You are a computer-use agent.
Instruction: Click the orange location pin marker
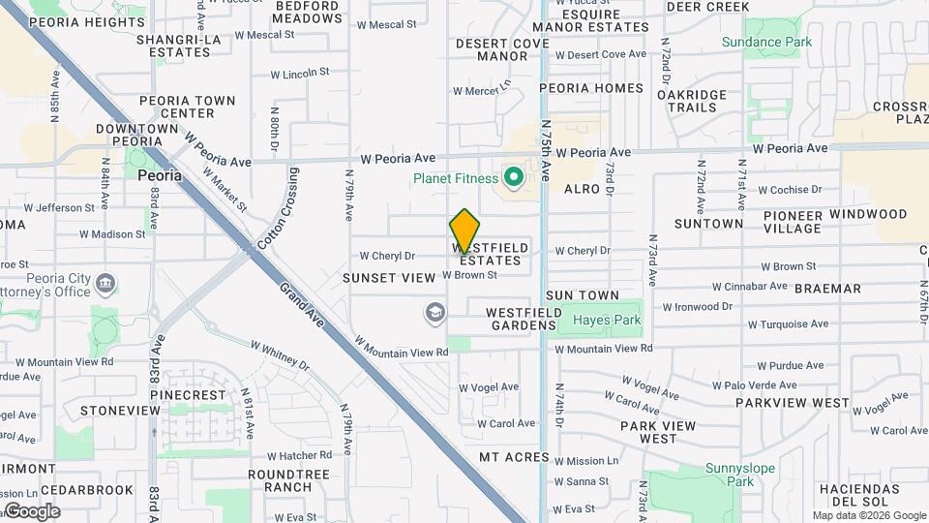(x=464, y=231)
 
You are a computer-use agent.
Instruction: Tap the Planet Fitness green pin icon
(x=514, y=178)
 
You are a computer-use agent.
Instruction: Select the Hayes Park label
(x=607, y=320)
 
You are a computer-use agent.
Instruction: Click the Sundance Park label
(x=765, y=42)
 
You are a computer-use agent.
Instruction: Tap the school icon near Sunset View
(x=435, y=312)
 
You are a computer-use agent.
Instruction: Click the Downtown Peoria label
(x=136, y=135)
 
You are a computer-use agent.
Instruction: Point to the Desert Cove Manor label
(x=502, y=49)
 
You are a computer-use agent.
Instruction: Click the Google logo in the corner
(x=31, y=510)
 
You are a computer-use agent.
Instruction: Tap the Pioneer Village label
(x=791, y=222)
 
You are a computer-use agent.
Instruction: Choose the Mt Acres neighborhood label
(x=514, y=457)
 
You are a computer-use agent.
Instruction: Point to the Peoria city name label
(x=160, y=175)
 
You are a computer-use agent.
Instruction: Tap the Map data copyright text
(x=868, y=515)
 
